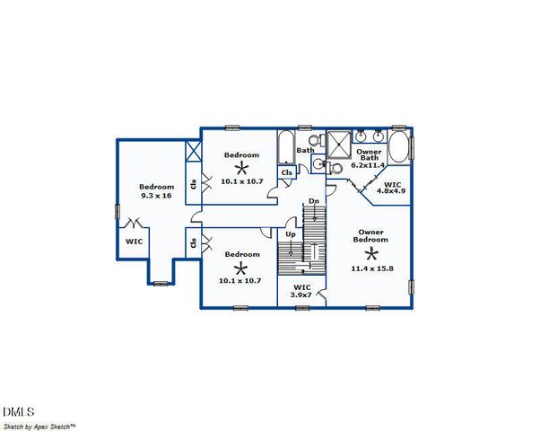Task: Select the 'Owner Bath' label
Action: click(x=368, y=156)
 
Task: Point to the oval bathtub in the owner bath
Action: click(x=400, y=148)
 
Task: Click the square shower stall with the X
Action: click(x=339, y=144)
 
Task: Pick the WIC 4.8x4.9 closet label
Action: click(x=391, y=187)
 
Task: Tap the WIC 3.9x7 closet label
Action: click(x=302, y=291)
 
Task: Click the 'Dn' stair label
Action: click(x=314, y=201)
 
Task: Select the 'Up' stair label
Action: click(x=291, y=234)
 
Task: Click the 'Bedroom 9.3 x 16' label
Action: click(x=155, y=191)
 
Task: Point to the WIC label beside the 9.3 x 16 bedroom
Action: click(x=134, y=242)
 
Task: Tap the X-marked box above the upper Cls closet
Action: click(x=192, y=151)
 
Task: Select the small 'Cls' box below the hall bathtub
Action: click(x=287, y=172)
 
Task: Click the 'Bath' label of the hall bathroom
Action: click(x=305, y=150)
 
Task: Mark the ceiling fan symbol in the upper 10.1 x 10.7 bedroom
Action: click(x=240, y=167)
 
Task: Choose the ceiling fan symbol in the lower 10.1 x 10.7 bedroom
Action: click(x=240, y=268)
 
